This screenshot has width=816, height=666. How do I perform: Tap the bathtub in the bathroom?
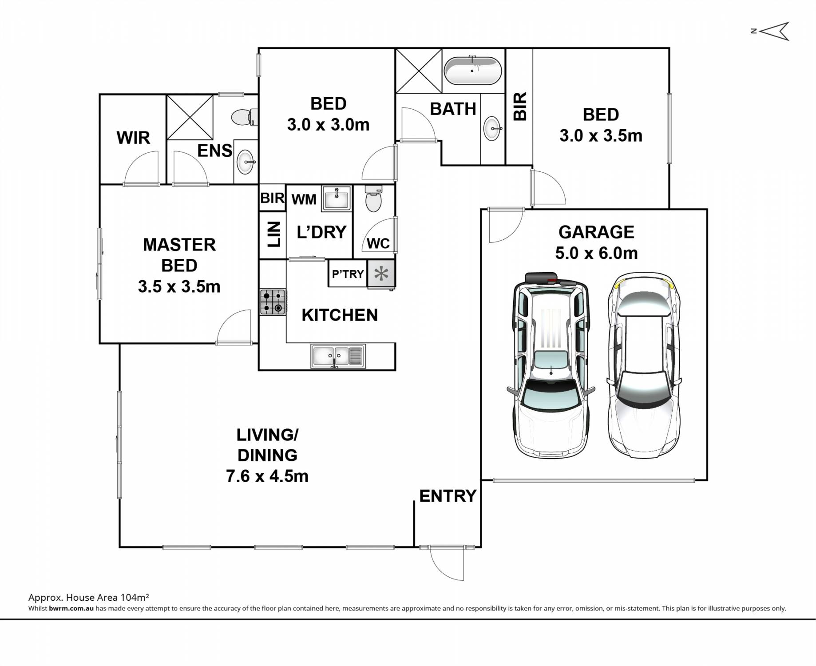[x=473, y=71]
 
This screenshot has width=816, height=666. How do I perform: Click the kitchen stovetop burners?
[x=273, y=302]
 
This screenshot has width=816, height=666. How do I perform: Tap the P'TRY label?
[x=348, y=274]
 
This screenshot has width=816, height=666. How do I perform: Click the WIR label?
[x=133, y=138]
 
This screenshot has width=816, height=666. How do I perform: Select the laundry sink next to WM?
[x=336, y=198]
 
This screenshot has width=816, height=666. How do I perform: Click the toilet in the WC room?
[x=373, y=198]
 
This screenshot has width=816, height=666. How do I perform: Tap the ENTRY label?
[x=448, y=496]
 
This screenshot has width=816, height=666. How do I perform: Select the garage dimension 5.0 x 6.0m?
[x=596, y=253]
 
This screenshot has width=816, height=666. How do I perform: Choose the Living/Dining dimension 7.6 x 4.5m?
[x=267, y=476]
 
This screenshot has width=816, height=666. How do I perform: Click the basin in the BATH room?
[x=493, y=128]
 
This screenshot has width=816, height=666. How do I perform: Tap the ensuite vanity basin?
[x=246, y=162]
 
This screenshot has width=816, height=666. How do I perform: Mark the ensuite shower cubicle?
[x=190, y=117]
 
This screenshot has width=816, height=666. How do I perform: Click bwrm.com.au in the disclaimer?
[x=71, y=609]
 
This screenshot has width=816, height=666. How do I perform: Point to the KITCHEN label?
[x=340, y=315]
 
